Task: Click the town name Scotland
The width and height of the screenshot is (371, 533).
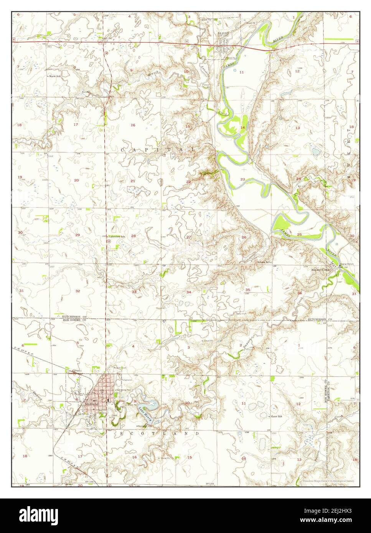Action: click(91, 404)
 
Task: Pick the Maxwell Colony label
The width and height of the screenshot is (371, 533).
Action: click(321, 269)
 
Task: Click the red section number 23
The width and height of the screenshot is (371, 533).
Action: click(242, 179)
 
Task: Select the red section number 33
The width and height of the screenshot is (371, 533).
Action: click(134, 292)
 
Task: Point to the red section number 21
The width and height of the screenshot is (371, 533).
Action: click(133, 181)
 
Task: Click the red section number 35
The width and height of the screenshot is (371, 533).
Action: click(248, 289)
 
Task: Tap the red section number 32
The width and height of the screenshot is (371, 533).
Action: click(77, 291)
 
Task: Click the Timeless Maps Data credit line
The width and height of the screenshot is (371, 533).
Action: click(328, 480)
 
